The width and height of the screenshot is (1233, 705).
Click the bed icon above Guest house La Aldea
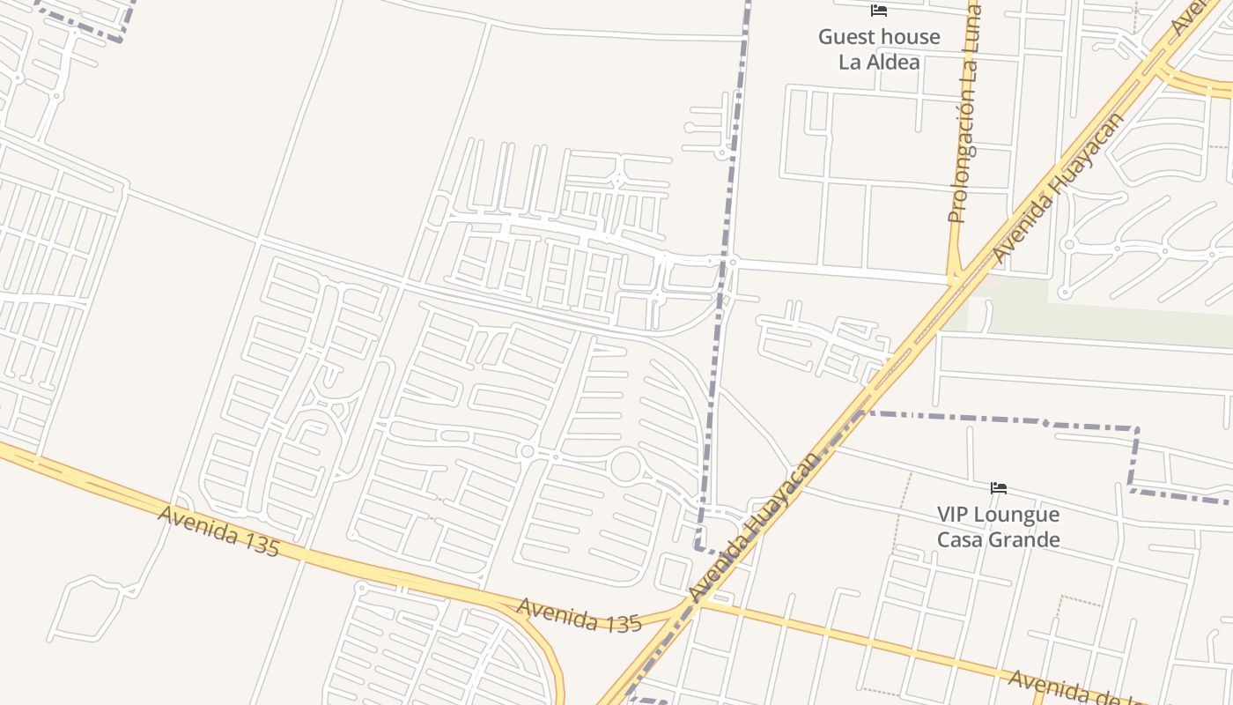[878, 11]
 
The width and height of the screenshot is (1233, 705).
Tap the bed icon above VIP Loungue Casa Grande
[998, 488]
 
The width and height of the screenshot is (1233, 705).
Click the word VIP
[954, 514]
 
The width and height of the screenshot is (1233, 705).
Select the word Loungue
[1018, 515]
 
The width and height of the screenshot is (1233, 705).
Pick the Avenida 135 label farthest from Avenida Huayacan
[218, 531]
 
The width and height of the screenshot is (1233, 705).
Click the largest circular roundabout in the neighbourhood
[625, 466]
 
